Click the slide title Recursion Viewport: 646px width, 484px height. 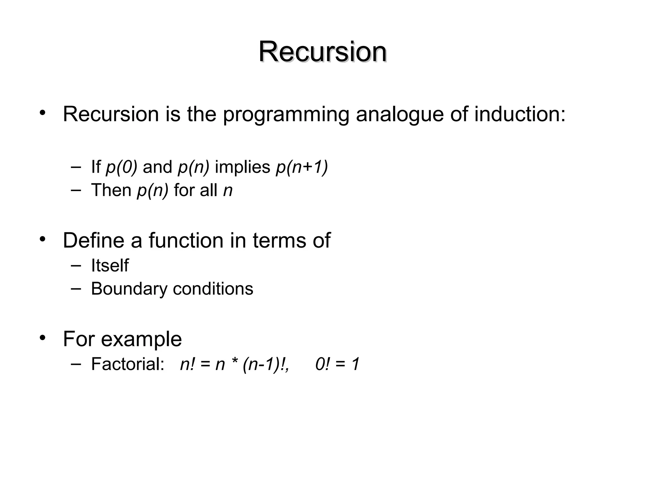323,52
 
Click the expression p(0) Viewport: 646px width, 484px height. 121,167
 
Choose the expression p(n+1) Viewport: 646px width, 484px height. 302,167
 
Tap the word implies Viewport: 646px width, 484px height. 243,167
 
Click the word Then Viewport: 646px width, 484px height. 111,190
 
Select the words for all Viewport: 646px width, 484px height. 195,190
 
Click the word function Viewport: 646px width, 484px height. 186,240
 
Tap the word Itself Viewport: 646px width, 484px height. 110,265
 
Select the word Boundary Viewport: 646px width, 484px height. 129,289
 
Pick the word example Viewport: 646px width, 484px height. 141,339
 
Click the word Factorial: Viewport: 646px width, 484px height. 128,364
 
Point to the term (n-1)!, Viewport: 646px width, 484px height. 266,364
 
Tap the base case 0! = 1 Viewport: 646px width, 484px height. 337,364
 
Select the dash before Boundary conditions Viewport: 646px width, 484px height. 76,288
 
